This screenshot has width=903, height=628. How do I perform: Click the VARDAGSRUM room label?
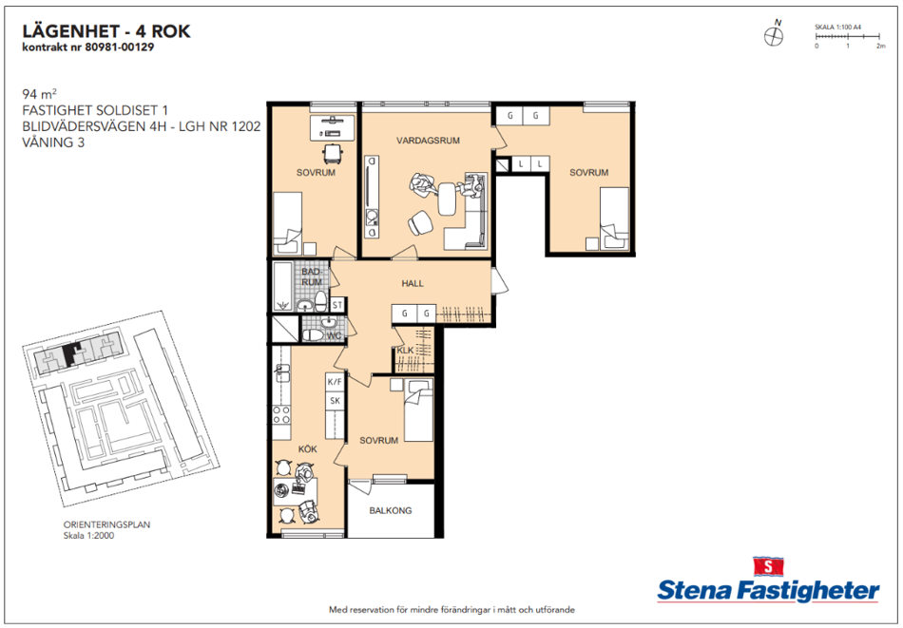click(x=428, y=141)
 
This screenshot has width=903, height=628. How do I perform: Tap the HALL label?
click(x=413, y=283)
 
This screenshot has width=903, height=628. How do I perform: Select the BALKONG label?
click(x=391, y=510)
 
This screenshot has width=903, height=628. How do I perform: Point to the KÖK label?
click(x=308, y=449)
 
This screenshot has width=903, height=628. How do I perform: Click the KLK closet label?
click(x=405, y=350)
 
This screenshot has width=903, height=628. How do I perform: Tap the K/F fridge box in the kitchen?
click(x=335, y=382)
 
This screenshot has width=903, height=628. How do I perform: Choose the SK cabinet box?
click(x=335, y=401)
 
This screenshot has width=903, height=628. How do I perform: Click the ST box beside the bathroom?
click(x=337, y=305)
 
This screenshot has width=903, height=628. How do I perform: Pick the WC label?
click(x=334, y=335)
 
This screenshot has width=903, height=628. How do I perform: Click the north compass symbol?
click(x=774, y=36)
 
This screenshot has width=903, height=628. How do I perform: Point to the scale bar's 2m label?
click(x=880, y=46)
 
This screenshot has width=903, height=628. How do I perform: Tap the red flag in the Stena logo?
click(x=768, y=566)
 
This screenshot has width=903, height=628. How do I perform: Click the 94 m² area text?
click(x=39, y=94)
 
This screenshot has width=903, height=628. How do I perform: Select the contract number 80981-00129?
click(x=119, y=48)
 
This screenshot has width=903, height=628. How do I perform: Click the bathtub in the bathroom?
click(x=282, y=286)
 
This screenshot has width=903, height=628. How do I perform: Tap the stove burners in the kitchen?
click(x=281, y=415)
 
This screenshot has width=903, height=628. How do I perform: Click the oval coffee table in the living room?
click(x=447, y=199)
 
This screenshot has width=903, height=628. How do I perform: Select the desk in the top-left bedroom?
click(x=333, y=127)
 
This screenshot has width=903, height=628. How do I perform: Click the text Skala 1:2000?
click(x=88, y=535)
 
